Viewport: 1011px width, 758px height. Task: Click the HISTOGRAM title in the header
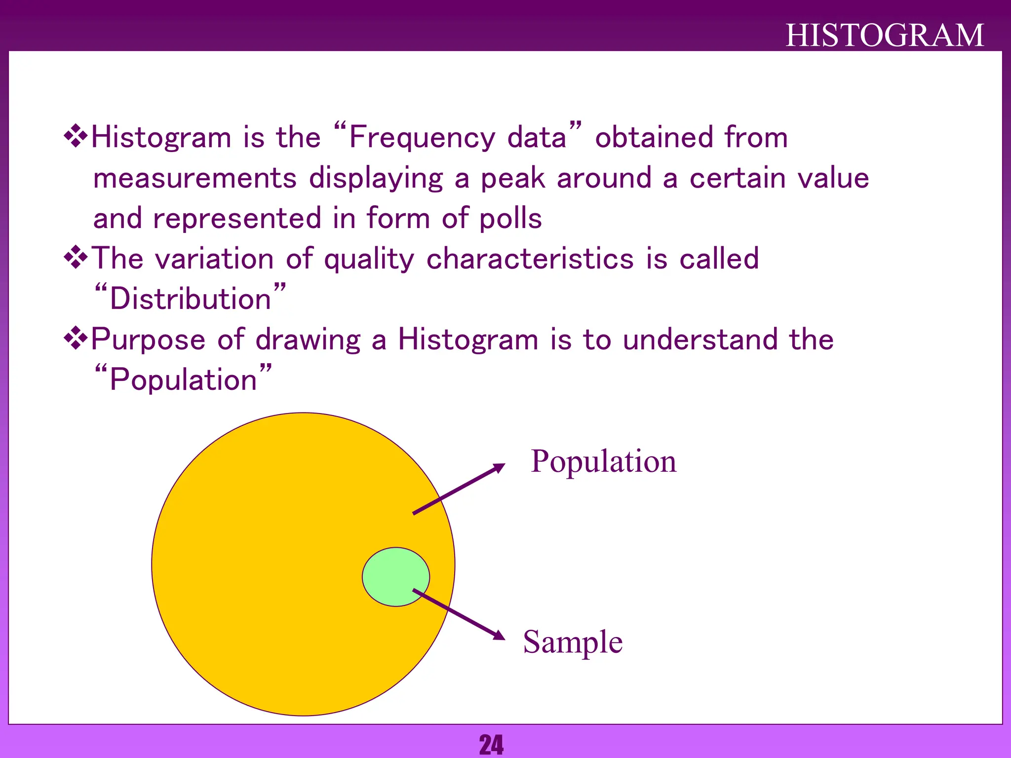885,36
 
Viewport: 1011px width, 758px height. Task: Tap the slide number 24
491,745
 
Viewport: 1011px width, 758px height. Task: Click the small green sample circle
395,576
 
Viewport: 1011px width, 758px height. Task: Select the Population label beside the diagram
603,462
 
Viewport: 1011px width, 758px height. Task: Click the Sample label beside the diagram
573,642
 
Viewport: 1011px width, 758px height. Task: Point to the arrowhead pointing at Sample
500,636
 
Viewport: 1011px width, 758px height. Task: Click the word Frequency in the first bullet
422,138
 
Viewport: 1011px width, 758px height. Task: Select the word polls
510,219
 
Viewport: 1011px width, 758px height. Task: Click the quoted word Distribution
191,299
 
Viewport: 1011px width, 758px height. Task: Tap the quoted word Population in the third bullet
183,380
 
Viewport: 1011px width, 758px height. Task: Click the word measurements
195,178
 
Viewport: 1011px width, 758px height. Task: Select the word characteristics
530,259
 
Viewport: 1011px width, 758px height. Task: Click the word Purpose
148,341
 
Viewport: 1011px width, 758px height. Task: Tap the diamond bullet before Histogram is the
76,137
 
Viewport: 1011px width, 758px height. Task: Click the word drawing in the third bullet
308,341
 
